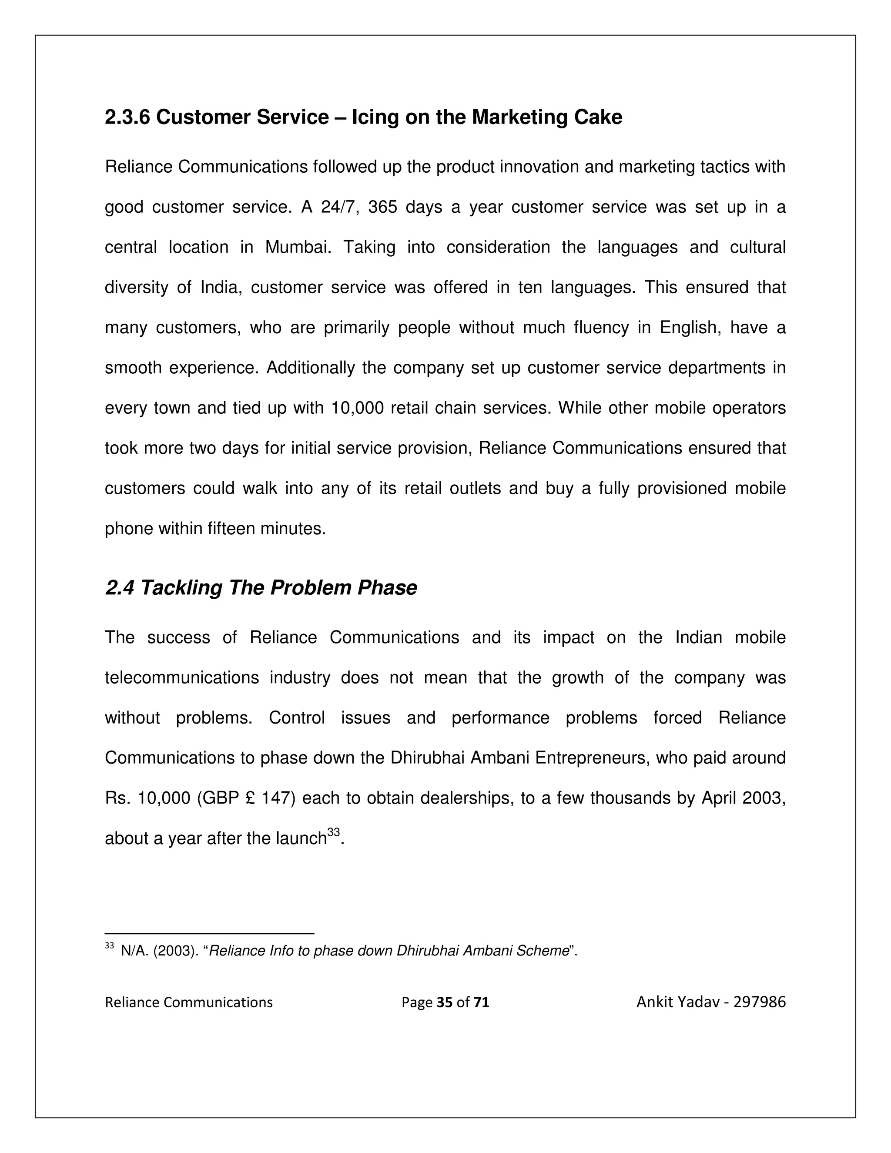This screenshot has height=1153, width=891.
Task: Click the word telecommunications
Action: (x=181, y=678)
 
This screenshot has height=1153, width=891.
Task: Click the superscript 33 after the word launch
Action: (x=333, y=832)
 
